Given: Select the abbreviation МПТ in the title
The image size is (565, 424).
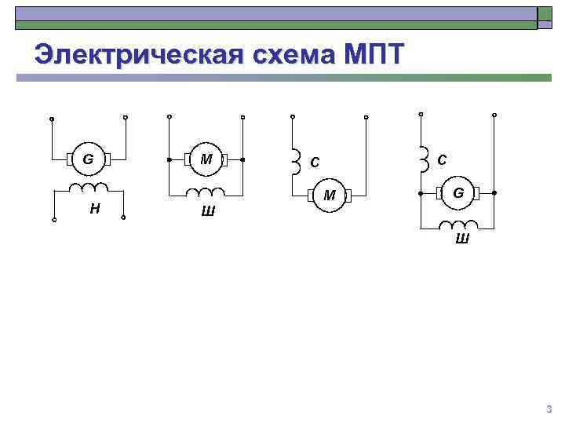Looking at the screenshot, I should click(374, 55).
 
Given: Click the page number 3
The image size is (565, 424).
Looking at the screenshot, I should click(549, 409).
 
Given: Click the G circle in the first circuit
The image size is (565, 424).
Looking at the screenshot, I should click(88, 159).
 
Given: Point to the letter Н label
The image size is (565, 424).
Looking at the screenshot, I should click(94, 208).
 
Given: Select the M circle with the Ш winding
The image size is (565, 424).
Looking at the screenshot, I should click(206, 159).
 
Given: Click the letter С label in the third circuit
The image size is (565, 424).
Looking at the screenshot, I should click(314, 163).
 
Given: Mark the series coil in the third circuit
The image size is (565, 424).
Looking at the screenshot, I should click(295, 161).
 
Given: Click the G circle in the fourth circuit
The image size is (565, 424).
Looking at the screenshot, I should click(457, 192).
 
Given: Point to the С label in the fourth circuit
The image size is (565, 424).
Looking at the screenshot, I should click(442, 159).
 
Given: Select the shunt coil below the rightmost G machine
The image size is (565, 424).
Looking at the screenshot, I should click(459, 225).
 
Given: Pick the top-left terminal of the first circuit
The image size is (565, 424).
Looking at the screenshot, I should click(51, 119).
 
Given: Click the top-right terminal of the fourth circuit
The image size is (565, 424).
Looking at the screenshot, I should click(495, 115).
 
